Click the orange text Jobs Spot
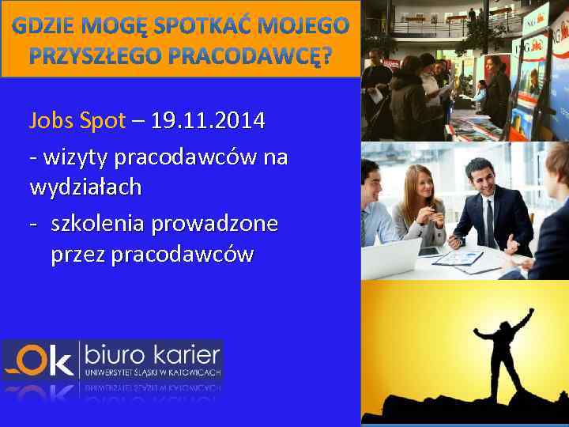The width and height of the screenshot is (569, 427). point(77,121)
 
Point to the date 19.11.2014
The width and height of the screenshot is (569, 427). point(208,121)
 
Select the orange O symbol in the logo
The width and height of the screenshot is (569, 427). point(32,360)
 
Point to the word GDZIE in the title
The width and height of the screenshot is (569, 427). point(43,26)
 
